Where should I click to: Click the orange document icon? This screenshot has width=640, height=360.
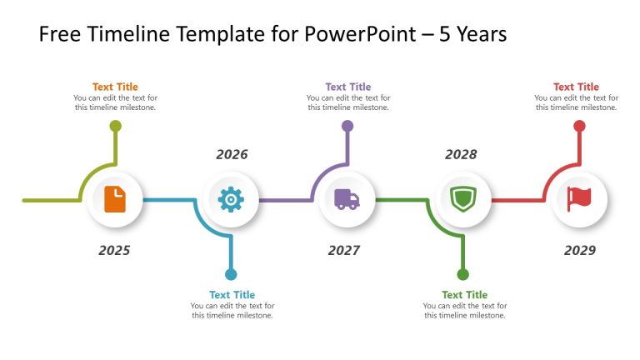115,200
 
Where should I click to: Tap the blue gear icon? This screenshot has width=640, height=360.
231,200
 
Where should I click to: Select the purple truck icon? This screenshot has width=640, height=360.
347,200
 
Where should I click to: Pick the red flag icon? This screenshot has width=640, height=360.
579,200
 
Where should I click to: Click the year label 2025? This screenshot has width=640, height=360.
114,250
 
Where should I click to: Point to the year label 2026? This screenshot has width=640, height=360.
232,154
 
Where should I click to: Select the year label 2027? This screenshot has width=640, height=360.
344,250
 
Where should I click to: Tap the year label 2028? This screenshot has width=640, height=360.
461,154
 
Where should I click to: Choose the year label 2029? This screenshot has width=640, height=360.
580,250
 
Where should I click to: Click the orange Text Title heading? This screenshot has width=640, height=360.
115,87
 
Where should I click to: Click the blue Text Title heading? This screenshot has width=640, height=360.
232,295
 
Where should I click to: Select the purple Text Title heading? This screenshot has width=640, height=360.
347,87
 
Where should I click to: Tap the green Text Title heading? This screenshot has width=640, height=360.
464,295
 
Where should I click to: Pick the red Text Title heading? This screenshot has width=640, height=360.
576,87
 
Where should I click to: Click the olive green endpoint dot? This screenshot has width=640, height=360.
116,126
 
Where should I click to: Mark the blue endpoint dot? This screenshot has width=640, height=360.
231,274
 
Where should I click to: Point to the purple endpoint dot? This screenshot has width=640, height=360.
347,126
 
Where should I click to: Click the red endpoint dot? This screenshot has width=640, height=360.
579,126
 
